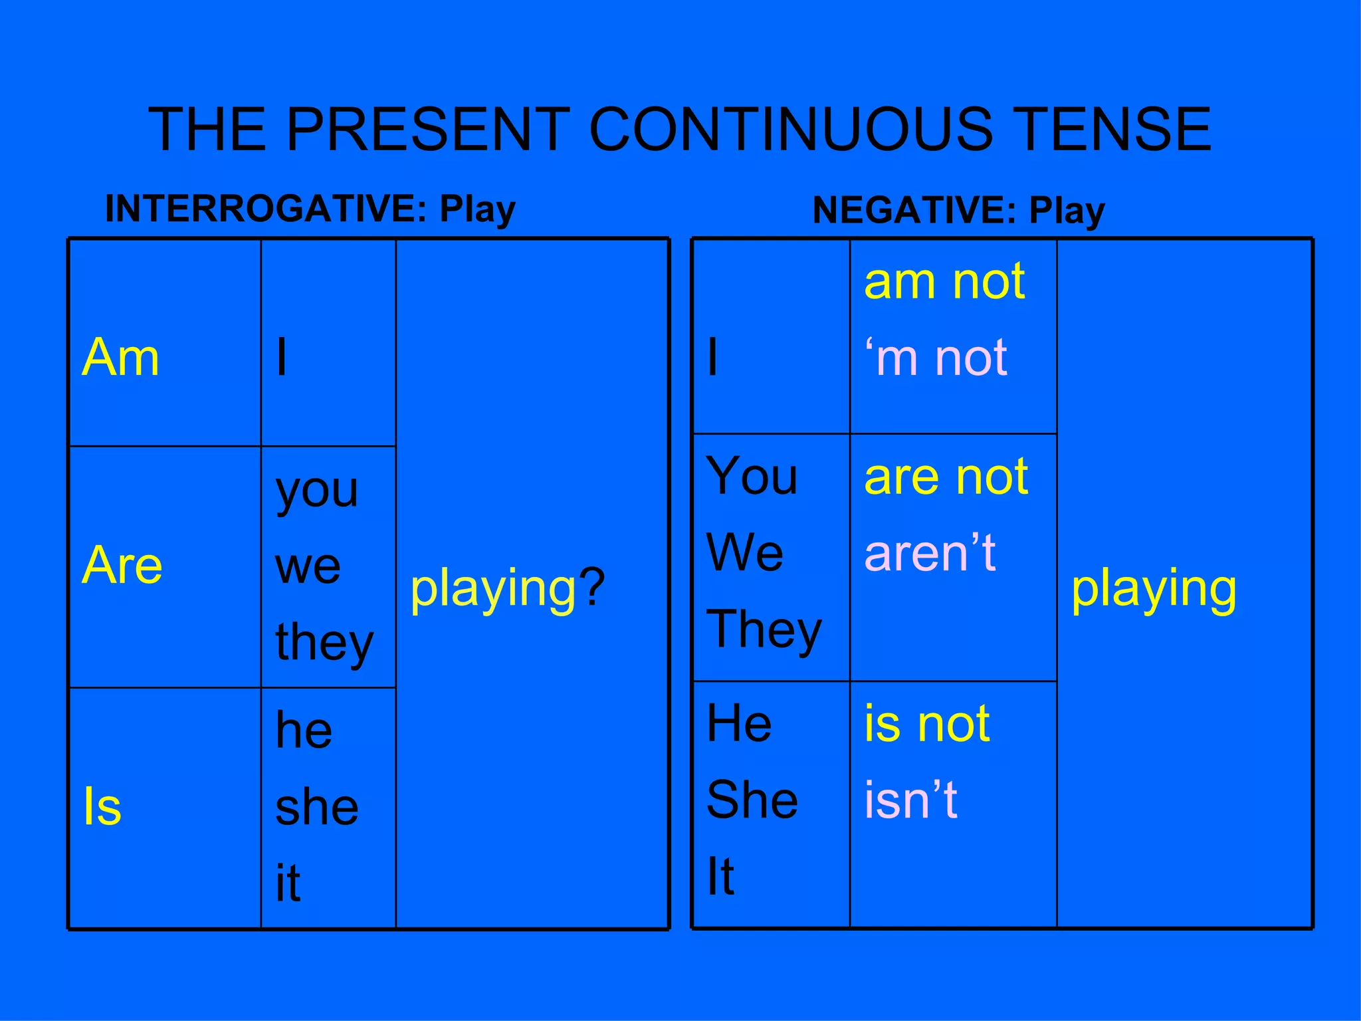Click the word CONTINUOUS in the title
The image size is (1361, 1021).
[791, 129]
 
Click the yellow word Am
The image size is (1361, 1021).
[120, 358]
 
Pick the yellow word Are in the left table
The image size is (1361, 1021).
[122, 565]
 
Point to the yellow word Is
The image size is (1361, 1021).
[102, 806]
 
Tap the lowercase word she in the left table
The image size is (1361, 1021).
[317, 807]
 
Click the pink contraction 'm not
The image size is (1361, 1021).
[936, 358]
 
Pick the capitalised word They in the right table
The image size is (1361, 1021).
[764, 630]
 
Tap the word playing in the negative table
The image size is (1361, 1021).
[1154, 589]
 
